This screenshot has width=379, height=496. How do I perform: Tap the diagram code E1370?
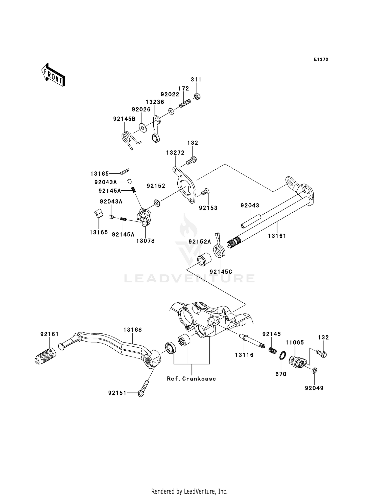(x=321, y=59)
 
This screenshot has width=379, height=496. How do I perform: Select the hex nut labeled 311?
(x=197, y=96)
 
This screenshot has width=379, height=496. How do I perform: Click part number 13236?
(x=155, y=102)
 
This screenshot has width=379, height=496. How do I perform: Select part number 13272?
(x=175, y=153)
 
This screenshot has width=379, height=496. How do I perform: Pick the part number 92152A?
(x=200, y=242)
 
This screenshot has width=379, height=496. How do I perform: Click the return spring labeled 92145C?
(x=219, y=249)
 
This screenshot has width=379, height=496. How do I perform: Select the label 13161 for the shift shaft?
(x=277, y=236)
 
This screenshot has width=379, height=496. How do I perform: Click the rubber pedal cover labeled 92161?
(x=45, y=356)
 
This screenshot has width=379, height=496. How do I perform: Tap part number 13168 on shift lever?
(x=133, y=330)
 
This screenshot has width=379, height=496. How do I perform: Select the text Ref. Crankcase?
(x=191, y=379)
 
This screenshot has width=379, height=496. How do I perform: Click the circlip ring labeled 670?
(x=282, y=356)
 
